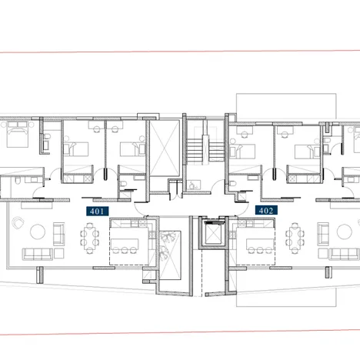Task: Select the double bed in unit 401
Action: pyautogui.click(x=16, y=138)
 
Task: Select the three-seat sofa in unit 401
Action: pyautogui.click(x=35, y=255)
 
